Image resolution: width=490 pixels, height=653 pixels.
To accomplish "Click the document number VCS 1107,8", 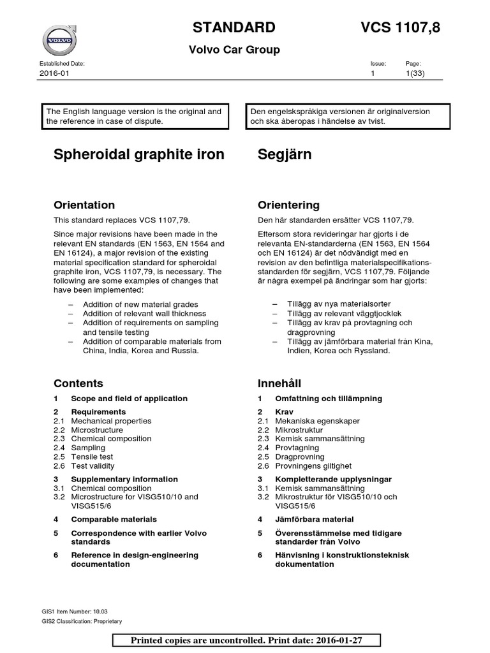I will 400,27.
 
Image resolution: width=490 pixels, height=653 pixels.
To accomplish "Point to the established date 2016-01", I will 54,74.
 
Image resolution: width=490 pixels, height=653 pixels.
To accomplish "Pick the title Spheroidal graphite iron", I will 139,155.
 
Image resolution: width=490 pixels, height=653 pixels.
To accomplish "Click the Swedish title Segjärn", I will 285,155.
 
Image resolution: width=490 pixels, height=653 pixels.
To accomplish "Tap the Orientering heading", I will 288,205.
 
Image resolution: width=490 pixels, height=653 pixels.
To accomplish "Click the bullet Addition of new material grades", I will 140,304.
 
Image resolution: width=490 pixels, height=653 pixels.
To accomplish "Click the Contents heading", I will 78,383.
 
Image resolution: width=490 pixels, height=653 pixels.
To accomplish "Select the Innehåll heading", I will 279,383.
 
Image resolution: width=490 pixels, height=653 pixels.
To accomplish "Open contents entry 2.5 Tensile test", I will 92,457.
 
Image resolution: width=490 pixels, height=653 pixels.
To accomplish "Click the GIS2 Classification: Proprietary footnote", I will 81,620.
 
